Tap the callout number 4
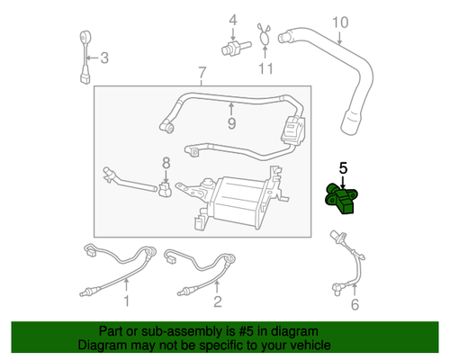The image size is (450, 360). coord(231,20)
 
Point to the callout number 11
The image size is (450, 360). coord(264,67)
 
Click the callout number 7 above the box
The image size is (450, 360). coord(202,72)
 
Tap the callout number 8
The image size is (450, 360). coord(165,163)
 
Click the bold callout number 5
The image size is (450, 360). coord(342,167)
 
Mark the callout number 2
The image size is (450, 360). coord(217,301)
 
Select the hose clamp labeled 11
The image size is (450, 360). coord(263,36)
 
